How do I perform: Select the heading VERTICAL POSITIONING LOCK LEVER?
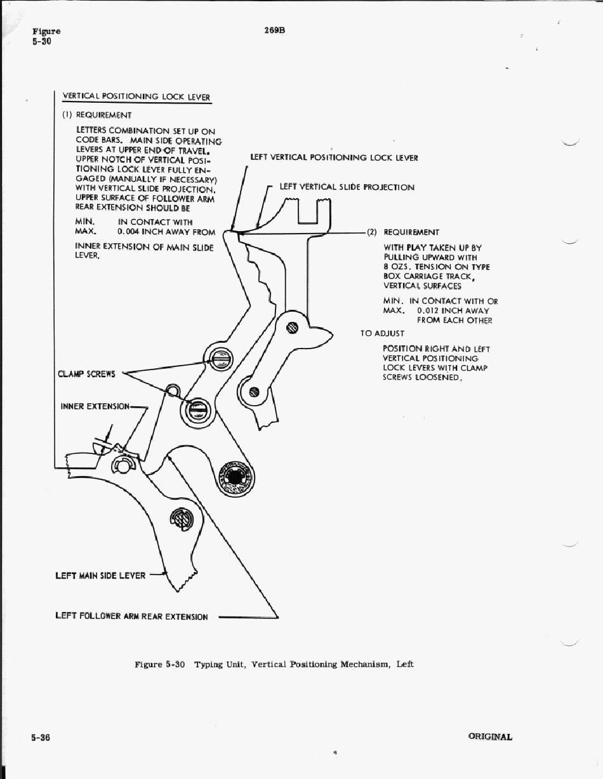136,97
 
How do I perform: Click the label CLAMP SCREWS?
86,373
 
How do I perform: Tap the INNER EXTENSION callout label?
95,406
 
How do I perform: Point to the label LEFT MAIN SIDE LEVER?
100,576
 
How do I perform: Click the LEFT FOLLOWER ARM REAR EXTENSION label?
131,616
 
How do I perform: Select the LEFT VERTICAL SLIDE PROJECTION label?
347,187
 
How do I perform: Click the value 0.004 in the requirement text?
129,232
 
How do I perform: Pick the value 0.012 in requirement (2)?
430,311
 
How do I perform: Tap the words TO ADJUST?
382,333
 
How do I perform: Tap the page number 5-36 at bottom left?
41,737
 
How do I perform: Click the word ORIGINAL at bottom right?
490,737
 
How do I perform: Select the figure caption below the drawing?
274,664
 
